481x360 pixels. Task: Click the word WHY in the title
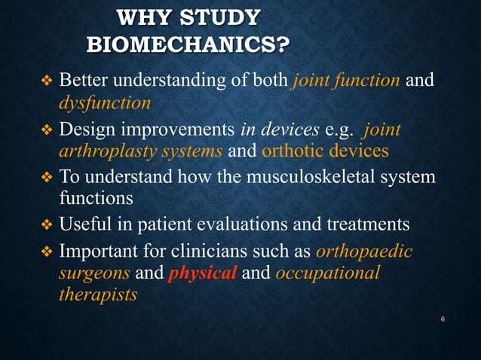149,17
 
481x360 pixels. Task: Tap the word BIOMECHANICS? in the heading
188,44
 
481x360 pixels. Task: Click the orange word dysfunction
105,102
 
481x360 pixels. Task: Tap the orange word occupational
328,273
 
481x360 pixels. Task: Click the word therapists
98,294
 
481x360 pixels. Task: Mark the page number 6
443,319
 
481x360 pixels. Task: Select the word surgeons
94,273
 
